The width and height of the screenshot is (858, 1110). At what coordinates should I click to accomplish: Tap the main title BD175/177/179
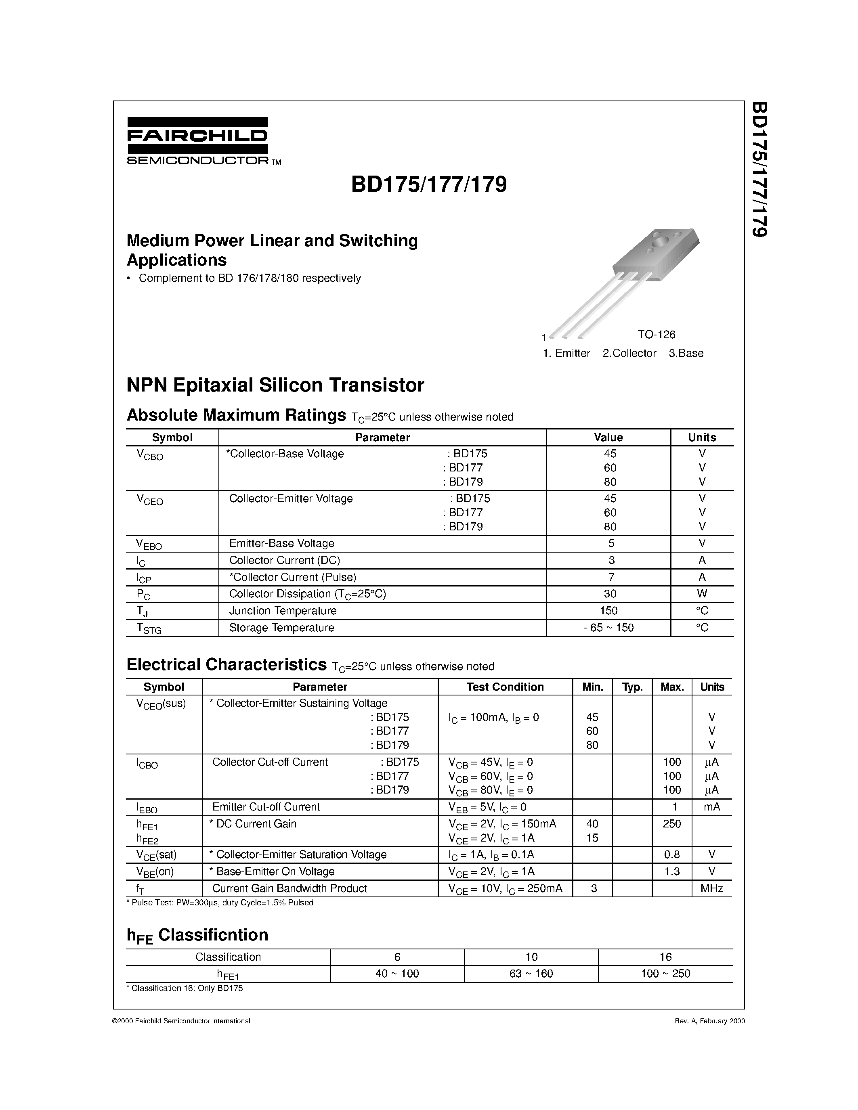[x=428, y=184]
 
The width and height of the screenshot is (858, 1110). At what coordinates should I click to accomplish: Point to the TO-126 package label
[x=657, y=335]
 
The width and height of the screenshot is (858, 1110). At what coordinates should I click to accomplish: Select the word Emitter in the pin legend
[x=573, y=353]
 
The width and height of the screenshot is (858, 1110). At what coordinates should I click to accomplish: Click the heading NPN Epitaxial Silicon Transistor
[x=275, y=385]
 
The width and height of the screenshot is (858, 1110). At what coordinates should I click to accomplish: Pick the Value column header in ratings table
[x=608, y=438]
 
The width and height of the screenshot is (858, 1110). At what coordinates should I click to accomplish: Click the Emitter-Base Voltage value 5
[x=611, y=543]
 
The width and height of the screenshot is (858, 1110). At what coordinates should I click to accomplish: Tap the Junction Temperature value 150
[x=608, y=610]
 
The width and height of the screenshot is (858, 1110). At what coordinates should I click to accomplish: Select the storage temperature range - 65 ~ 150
[x=608, y=628]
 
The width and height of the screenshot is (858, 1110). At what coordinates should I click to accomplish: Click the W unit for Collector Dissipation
[x=702, y=594]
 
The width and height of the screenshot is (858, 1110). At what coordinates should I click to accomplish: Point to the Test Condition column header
[x=505, y=687]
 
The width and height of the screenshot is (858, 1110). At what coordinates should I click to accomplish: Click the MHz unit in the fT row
[x=711, y=888]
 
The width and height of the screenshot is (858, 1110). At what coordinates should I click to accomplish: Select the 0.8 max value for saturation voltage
[x=671, y=854]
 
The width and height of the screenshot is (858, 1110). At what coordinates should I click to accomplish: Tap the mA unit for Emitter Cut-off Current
[x=711, y=806]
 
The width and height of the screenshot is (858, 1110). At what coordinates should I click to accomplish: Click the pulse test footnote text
[x=220, y=903]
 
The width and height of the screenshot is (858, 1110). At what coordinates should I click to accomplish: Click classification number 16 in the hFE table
[x=665, y=957]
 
